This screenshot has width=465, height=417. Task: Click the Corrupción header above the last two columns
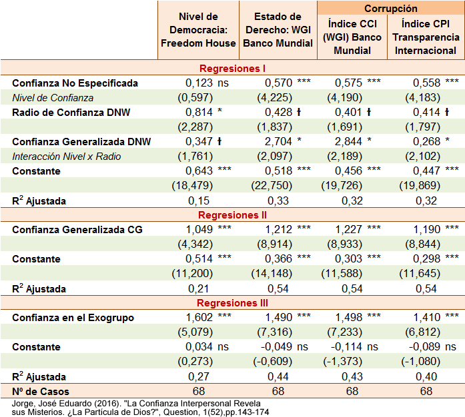391,9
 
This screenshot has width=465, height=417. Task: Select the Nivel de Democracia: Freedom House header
198,30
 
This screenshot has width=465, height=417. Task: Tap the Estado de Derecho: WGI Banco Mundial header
278,30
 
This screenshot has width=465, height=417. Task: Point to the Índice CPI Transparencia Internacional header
426,37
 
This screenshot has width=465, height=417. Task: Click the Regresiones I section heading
233,69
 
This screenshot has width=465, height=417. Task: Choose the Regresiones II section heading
233,215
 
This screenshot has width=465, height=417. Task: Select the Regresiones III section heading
233,303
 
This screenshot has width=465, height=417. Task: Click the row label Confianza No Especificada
75,83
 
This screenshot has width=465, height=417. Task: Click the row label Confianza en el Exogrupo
73,318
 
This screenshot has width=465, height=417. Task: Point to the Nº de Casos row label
40,391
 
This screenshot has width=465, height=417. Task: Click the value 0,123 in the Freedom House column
199,83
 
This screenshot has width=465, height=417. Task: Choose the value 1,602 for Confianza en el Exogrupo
199,318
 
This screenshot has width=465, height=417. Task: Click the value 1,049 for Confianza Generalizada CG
199,230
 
